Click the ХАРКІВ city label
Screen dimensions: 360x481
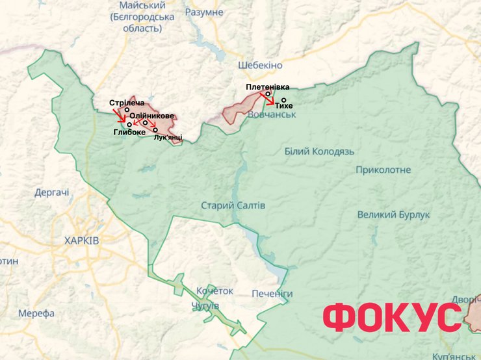click(82, 240)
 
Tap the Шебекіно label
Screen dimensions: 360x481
click(260, 65)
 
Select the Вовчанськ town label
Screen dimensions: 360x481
click(271, 114)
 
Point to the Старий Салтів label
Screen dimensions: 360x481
click(233, 205)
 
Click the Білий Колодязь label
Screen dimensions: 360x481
click(319, 151)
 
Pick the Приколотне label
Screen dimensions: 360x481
click(383, 170)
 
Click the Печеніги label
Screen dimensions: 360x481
click(272, 294)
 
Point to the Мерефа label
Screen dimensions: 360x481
click(36, 313)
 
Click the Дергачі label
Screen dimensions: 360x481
click(52, 192)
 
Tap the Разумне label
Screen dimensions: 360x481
click(204, 12)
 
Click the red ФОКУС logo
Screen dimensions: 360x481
click(392, 318)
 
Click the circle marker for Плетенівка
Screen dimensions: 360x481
click(268, 94)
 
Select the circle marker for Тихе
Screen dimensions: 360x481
click(284, 100)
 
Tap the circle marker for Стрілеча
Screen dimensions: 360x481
click(127, 110)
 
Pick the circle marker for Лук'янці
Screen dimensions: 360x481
click(155, 130)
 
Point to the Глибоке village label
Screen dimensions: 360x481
click(129, 132)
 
